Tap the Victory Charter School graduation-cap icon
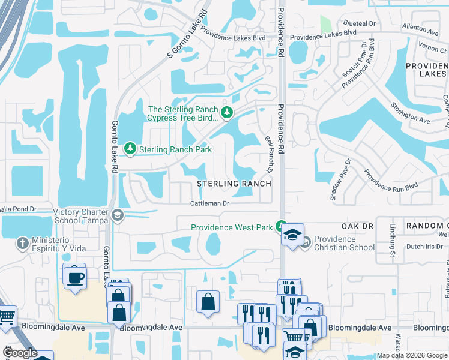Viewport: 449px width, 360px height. pos(118,215)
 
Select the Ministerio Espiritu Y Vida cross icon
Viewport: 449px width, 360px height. pos(23,243)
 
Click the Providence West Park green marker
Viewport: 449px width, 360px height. pos(280,227)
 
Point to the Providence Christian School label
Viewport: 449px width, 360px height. pos(343,243)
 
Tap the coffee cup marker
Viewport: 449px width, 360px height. pos(74,277)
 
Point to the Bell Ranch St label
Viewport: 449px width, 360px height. pos(270,153)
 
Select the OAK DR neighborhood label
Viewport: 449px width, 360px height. pos(358,226)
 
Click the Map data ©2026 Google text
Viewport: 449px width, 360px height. pos(412,355)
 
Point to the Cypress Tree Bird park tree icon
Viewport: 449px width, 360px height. pos(227,112)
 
